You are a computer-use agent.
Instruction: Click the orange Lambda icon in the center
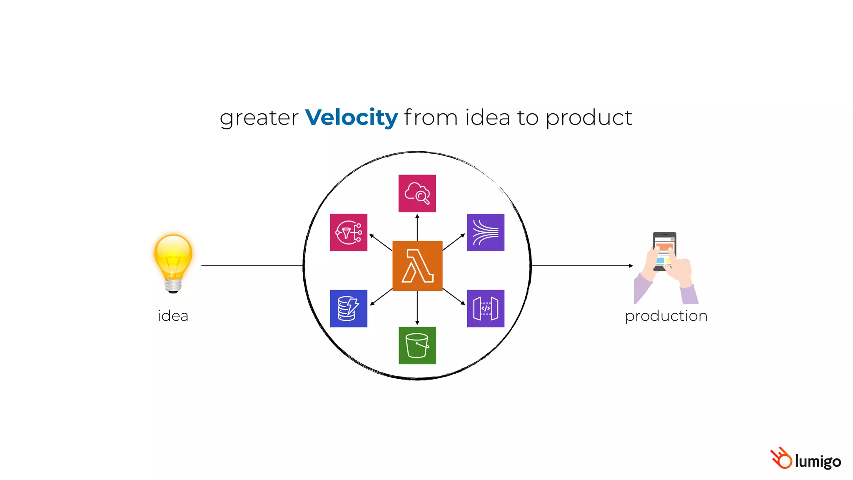coord(417,265)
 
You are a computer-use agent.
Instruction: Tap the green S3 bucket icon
coord(417,345)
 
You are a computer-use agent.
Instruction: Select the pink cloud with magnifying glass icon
coord(417,193)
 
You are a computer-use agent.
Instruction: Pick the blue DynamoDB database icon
coord(349,308)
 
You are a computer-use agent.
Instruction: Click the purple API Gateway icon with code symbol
coord(486,308)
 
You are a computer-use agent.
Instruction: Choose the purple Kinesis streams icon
coord(486,232)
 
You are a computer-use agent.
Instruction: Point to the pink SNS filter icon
coord(349,232)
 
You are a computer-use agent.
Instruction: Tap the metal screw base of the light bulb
coord(173,285)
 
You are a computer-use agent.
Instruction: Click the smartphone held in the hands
coord(664,250)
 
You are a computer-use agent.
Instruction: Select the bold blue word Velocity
coord(352,117)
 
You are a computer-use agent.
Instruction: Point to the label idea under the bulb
coord(173,316)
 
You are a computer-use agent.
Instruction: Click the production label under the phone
coord(666,316)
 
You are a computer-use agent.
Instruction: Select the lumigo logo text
coord(818,461)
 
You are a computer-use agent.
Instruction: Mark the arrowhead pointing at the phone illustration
coord(631,265)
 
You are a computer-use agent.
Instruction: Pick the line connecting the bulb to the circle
coord(252,265)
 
